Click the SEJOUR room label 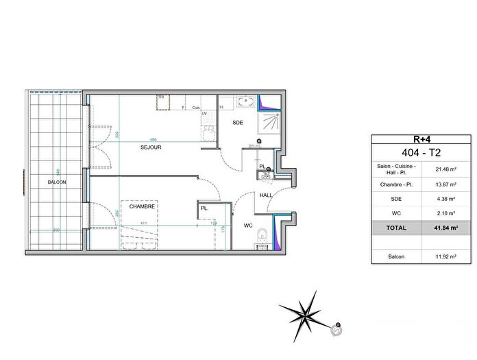[151, 147]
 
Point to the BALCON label [57, 182]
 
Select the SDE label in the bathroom [238, 123]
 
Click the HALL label [266, 195]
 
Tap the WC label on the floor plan [248, 224]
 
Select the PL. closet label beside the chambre [204, 208]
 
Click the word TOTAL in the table [395, 228]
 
